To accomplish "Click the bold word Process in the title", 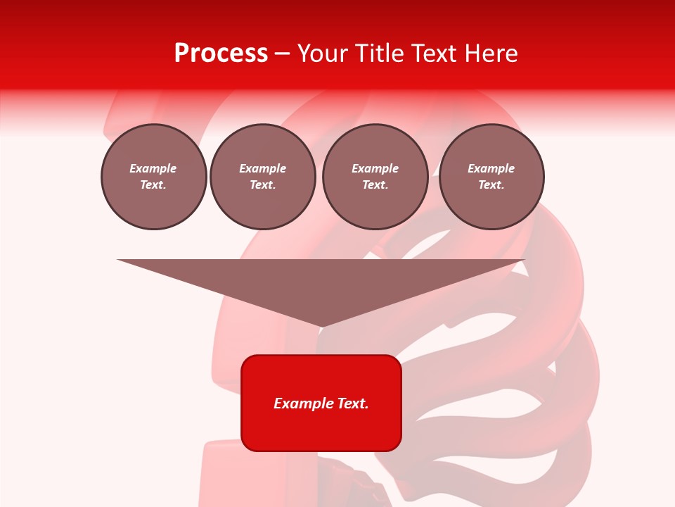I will pos(221,54).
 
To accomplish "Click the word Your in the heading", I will pos(322,54).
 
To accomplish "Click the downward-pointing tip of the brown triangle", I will pos(321,325).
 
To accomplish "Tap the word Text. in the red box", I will pos(354,403).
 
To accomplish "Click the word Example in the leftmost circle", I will pos(153,168).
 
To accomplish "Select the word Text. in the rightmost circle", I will pos(491,185).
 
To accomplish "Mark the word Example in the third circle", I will pos(375,168).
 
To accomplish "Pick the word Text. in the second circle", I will pos(262,185).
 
